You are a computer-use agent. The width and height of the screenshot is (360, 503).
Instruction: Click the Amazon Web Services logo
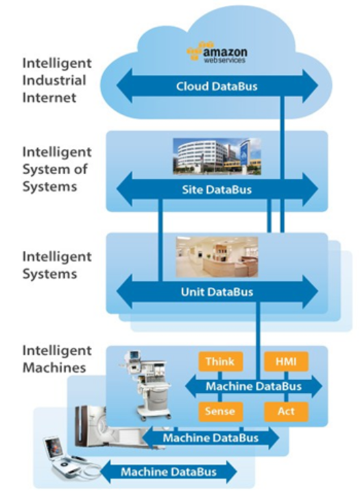217,52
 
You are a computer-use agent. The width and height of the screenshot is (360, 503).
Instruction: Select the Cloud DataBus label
217,86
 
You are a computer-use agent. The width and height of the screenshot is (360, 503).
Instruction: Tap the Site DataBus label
217,189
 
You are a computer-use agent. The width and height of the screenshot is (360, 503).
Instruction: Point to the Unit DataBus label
217,292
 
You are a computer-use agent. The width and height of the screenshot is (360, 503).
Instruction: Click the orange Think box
220,362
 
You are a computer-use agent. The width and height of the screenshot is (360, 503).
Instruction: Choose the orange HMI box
286,362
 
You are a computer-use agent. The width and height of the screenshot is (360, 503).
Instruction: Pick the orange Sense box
220,411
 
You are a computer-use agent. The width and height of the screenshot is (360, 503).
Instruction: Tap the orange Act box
286,411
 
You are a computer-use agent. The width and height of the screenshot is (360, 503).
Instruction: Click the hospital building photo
217,156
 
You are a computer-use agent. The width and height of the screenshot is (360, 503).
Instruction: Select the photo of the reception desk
217,257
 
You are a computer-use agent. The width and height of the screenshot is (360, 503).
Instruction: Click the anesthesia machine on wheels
146,385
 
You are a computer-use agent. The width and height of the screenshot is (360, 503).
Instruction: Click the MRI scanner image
106,427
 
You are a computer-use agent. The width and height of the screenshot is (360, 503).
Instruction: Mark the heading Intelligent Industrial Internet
57,80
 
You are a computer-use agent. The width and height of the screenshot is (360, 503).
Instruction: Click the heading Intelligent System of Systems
57,169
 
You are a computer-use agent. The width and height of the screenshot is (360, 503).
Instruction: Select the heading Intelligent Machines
57,359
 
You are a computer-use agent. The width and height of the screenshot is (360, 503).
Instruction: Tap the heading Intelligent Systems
57,265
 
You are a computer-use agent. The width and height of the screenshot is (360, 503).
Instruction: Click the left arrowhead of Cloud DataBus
124,86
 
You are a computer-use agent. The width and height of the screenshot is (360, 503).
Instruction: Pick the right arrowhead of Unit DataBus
311,292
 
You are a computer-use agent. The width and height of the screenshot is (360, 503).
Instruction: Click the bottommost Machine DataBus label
169,472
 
